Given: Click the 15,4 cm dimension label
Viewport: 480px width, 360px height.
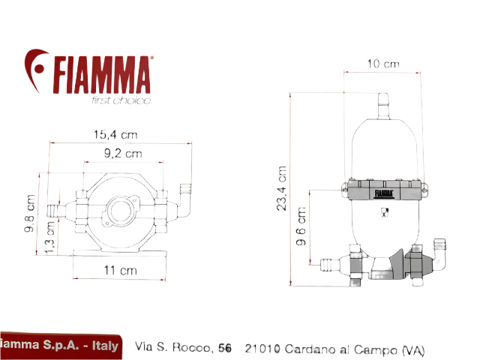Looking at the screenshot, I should (115, 135).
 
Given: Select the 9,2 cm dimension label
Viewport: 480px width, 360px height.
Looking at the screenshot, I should (122, 154).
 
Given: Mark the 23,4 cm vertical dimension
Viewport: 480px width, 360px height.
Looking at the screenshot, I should (282, 189).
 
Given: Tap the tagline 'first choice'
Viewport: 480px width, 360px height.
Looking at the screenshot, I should (120, 100).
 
